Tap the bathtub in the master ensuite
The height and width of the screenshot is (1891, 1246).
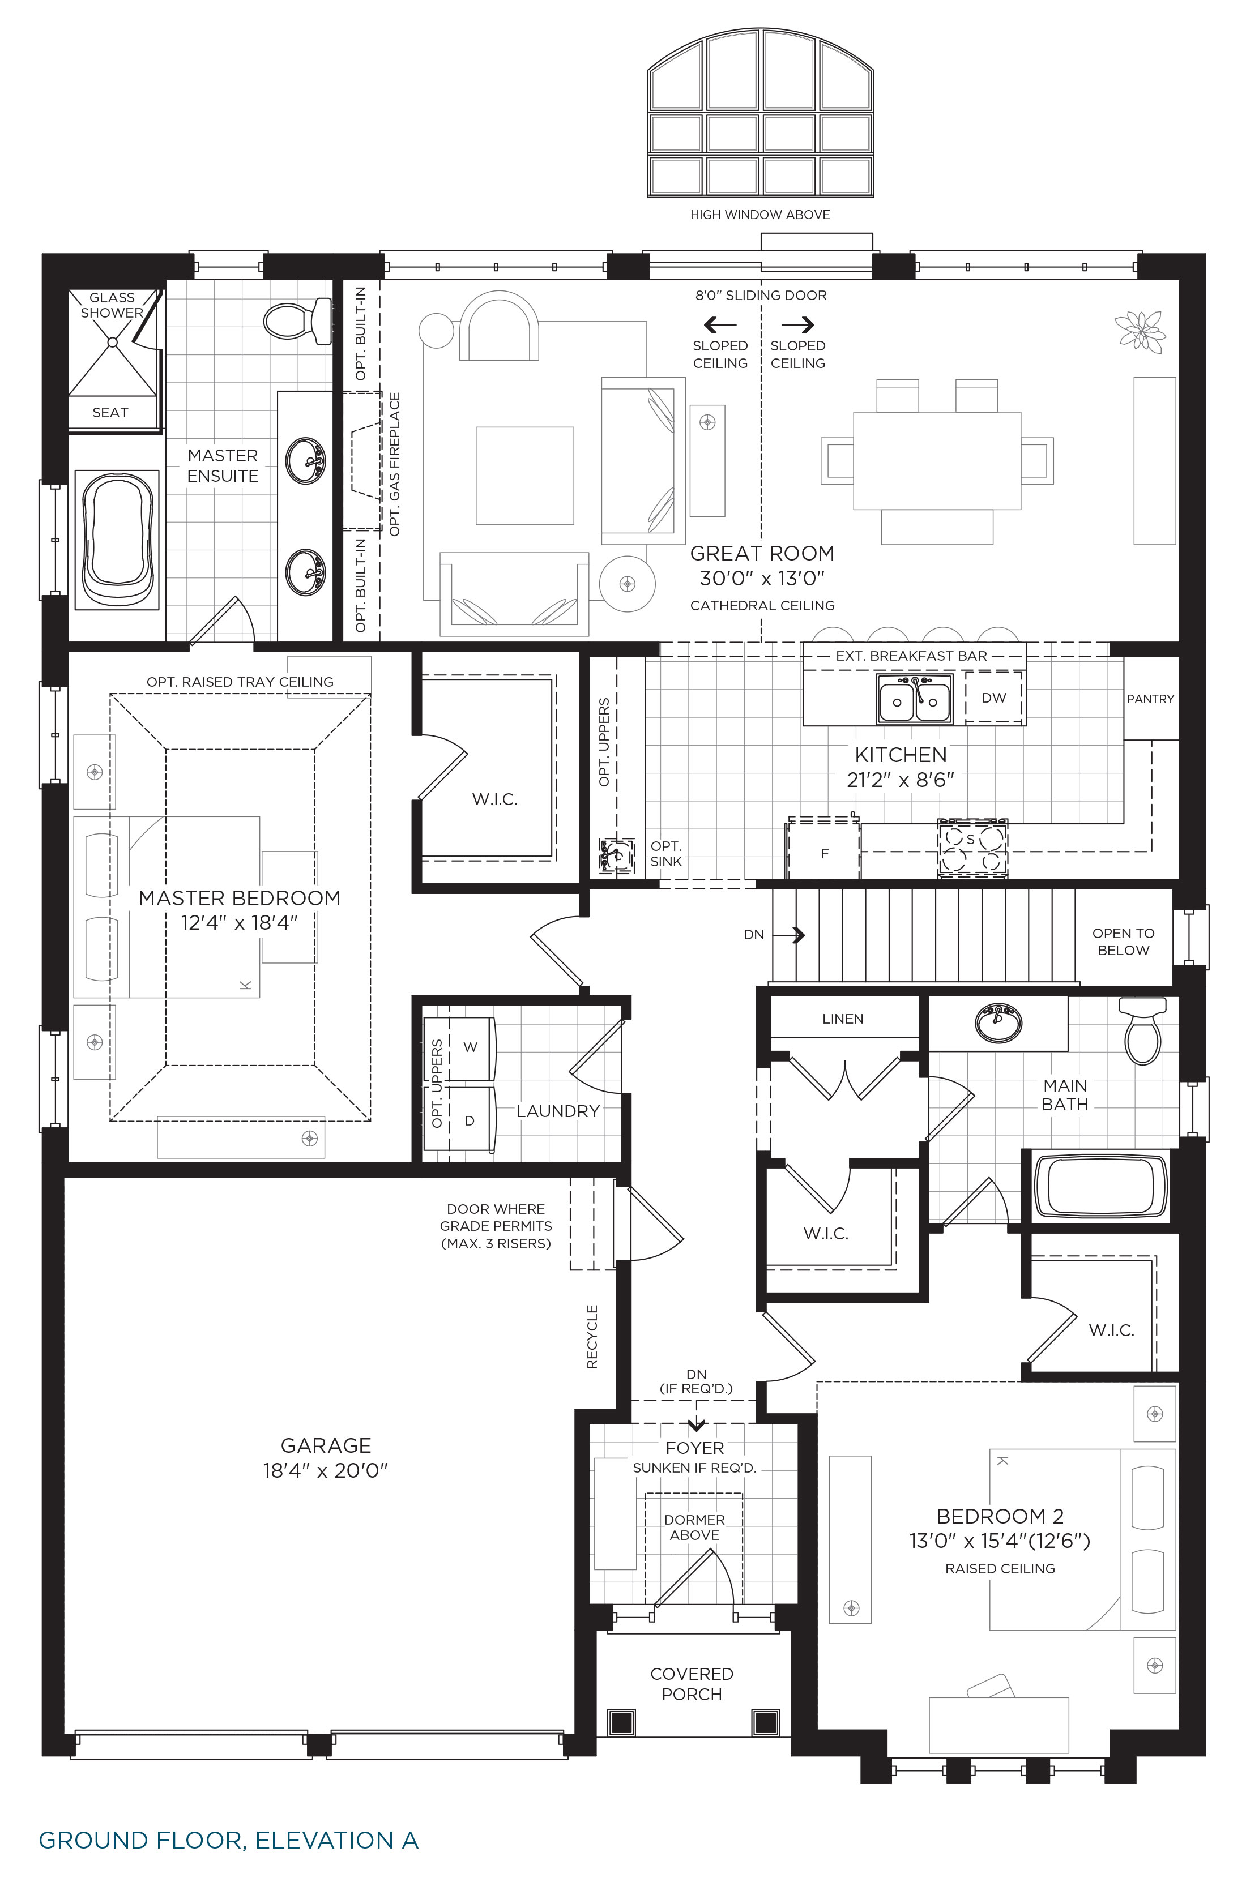(117, 540)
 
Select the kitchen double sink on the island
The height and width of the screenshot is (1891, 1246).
(915, 699)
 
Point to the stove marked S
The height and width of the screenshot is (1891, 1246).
(972, 849)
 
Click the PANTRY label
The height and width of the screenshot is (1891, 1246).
(1150, 699)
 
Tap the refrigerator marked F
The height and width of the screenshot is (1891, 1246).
(824, 851)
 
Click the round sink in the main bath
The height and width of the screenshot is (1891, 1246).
(998, 1024)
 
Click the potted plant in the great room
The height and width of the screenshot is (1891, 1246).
(1140, 329)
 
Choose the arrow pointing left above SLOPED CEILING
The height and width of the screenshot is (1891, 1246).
(720, 324)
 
